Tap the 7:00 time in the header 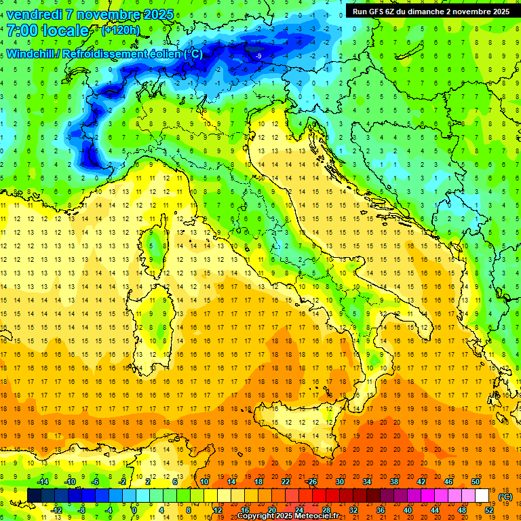click(x=23, y=31)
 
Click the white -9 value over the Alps click(x=258, y=55)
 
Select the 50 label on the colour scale click(x=476, y=482)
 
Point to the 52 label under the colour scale click(x=489, y=510)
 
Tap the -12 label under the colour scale click(x=56, y=510)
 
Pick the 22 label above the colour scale click(x=286, y=482)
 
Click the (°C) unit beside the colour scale click(x=505, y=497)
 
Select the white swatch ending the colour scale click(x=482, y=496)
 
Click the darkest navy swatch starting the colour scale click(x=34, y=496)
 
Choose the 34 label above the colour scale click(x=367, y=482)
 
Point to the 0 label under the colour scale click(x=134, y=510)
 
